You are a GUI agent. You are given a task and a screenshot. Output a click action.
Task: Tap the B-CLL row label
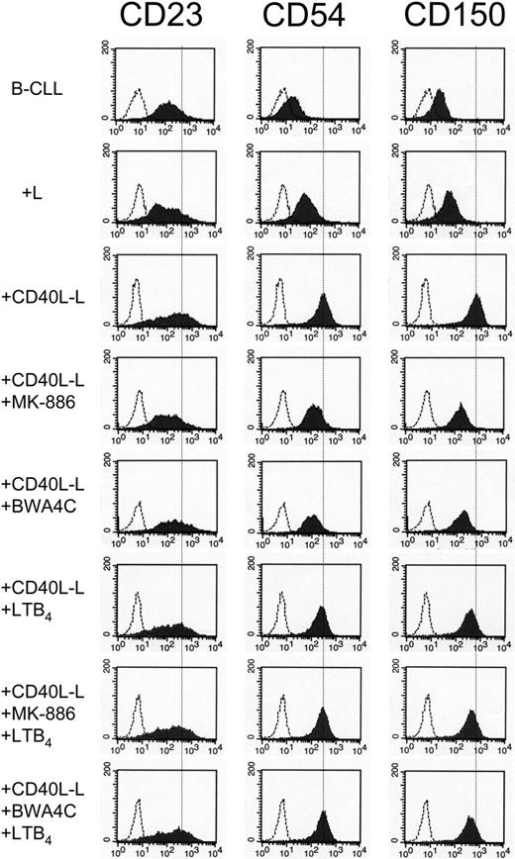45,86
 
